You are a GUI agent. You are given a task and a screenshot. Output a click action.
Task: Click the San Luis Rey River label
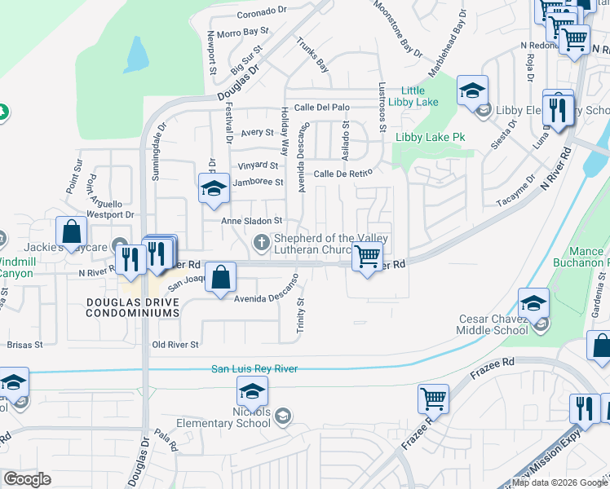pos(254,369)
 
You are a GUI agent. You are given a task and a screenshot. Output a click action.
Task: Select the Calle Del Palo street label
pos(321,107)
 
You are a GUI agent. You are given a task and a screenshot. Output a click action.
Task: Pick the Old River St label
pos(175,345)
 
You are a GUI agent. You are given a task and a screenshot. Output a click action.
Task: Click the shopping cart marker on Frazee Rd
pos(433,399)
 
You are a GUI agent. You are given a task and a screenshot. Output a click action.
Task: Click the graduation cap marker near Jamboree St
pos(214,187)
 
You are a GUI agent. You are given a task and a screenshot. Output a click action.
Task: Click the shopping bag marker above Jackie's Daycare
pos(71,231)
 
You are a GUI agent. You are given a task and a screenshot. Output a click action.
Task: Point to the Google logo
pos(27,479)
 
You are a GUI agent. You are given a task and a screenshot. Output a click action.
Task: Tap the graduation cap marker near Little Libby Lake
pos(472,90)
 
